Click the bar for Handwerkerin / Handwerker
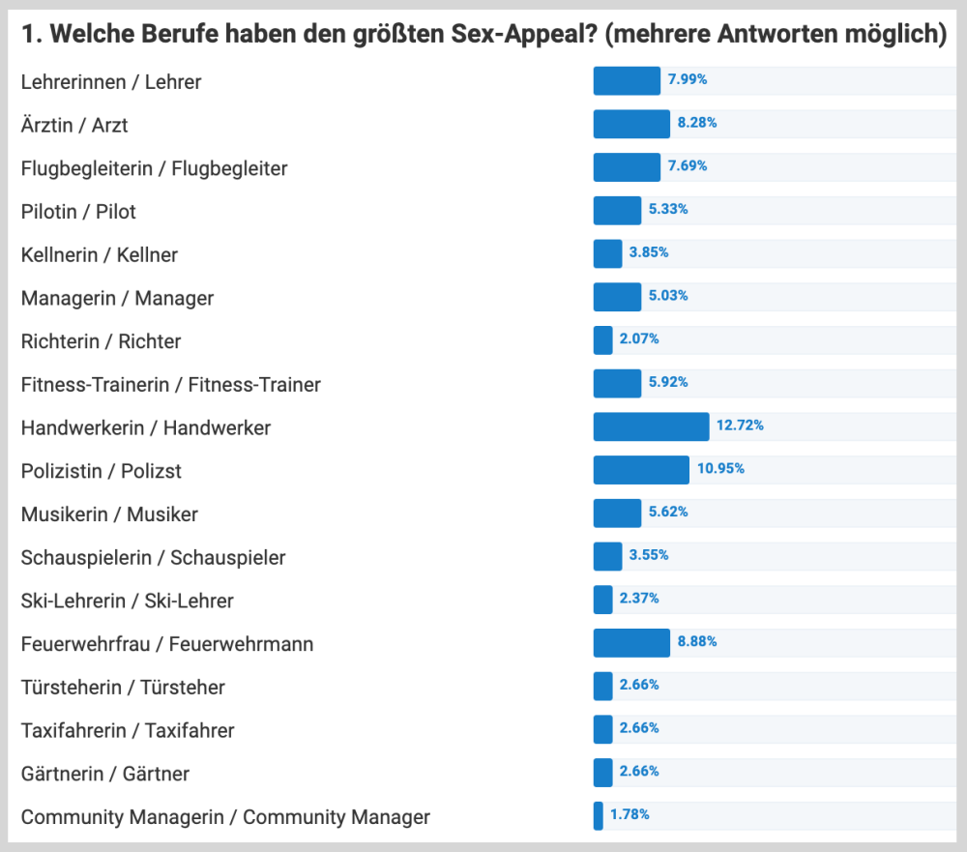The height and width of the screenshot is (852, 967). click(651, 426)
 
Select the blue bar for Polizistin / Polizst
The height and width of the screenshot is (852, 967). click(641, 470)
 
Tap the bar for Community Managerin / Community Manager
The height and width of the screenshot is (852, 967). click(598, 816)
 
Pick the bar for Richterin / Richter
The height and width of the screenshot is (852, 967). click(602, 340)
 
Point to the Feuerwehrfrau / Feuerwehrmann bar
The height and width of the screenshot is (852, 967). click(631, 643)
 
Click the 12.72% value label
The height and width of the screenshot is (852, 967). click(740, 426)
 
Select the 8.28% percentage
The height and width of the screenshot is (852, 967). click(696, 123)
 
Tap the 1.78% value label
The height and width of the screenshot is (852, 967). click(630, 815)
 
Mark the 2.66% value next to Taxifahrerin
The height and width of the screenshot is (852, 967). click(639, 728)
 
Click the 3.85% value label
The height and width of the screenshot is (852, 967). click(649, 252)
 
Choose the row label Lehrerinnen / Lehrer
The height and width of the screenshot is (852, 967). click(111, 82)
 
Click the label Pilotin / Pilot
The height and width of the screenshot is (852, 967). click(78, 212)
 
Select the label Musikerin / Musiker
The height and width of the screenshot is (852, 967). click(109, 514)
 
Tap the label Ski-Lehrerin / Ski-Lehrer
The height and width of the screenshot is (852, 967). click(127, 601)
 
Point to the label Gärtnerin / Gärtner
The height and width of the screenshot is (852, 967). click(104, 774)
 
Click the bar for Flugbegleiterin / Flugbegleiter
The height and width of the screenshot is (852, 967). click(627, 166)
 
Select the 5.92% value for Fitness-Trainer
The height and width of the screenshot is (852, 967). click(668, 382)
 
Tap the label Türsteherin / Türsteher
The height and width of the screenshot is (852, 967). click(123, 688)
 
